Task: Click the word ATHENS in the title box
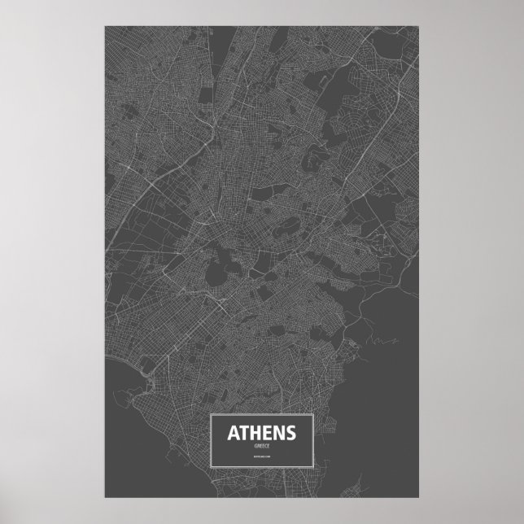point(261,431)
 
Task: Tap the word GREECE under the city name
point(261,445)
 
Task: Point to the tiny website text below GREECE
point(261,460)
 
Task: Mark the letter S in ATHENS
point(290,431)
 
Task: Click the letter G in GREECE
point(254,445)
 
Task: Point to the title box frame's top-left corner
point(212,414)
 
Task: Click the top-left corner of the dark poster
point(105,25)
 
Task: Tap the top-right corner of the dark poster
point(419,25)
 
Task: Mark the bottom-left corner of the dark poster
point(105,497)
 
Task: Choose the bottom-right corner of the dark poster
point(419,497)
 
